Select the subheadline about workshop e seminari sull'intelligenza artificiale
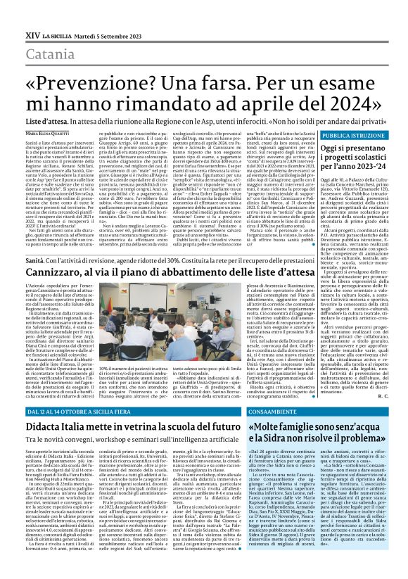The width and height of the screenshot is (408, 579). coord(134,440)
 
